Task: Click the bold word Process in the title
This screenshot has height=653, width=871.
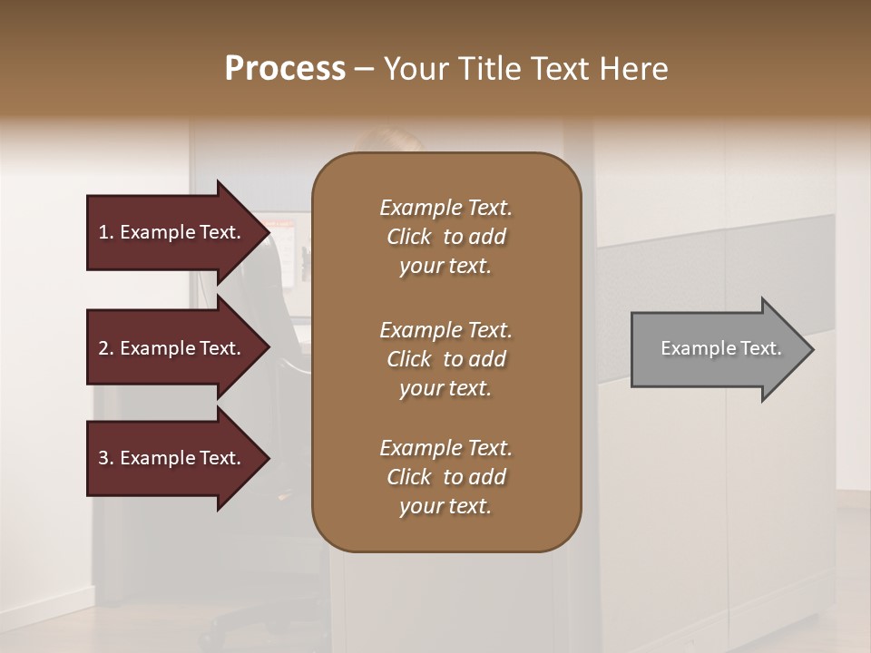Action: pos(285,69)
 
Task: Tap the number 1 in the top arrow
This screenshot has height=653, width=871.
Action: pos(103,232)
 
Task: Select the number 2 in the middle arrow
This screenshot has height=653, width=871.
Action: pos(103,348)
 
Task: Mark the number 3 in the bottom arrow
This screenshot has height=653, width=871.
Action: pos(103,458)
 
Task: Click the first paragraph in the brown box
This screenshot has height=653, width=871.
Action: pos(445,237)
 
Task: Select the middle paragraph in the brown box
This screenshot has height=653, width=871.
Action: pos(445,358)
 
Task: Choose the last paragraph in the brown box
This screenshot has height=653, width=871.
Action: pos(445,477)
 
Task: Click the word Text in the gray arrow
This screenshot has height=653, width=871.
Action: pos(760,348)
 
